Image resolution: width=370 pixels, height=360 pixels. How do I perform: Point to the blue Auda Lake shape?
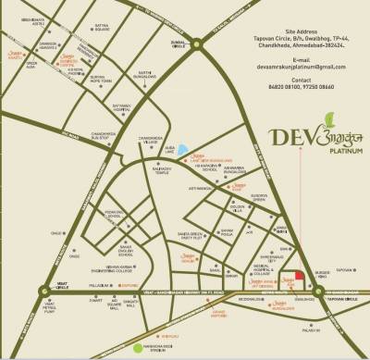tap(182, 151)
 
